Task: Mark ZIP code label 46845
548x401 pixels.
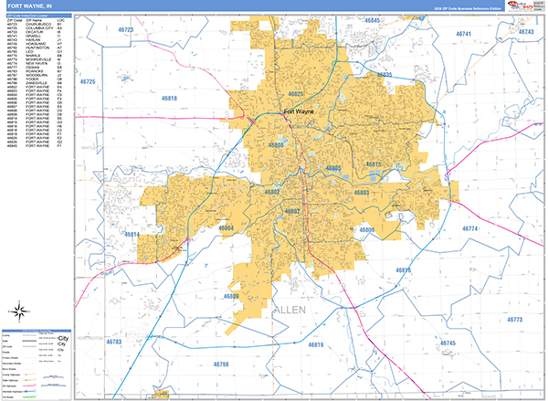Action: tap(374, 19)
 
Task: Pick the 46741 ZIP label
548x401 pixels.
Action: tap(467, 34)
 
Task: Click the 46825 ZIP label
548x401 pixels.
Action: tap(297, 94)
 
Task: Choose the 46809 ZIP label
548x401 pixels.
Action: tap(233, 296)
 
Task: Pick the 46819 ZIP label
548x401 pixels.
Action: tap(316, 344)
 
